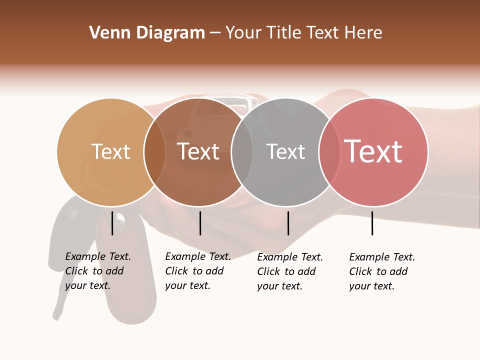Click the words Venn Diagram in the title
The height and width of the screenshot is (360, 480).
pyautogui.click(x=147, y=33)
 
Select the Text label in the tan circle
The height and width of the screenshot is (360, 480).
pyautogui.click(x=110, y=151)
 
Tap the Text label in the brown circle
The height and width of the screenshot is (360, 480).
pyautogui.click(x=198, y=151)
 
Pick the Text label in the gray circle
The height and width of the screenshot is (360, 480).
pyautogui.click(x=285, y=151)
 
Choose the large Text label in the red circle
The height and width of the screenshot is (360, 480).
pyautogui.click(x=373, y=151)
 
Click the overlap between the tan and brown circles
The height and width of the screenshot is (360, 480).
pyautogui.click(x=154, y=152)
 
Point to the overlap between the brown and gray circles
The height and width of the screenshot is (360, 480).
pyautogui.click(x=242, y=152)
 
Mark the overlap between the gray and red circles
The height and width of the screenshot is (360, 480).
pyautogui.click(x=329, y=152)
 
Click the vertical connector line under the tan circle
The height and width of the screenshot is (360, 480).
pyautogui.click(x=112, y=223)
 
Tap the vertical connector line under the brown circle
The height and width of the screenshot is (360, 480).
pyautogui.click(x=200, y=223)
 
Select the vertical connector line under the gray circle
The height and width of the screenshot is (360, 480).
pyautogui.click(x=288, y=223)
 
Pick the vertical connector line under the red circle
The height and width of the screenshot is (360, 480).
pyautogui.click(x=372, y=223)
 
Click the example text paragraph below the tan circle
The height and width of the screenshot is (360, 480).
pyautogui.click(x=98, y=271)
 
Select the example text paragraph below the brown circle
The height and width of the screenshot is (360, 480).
pyautogui.click(x=198, y=271)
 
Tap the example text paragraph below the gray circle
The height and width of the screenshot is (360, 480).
pyautogui.click(x=290, y=271)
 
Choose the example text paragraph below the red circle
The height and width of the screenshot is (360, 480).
pyautogui.click(x=382, y=271)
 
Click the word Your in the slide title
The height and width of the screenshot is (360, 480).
pyautogui.click(x=243, y=33)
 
